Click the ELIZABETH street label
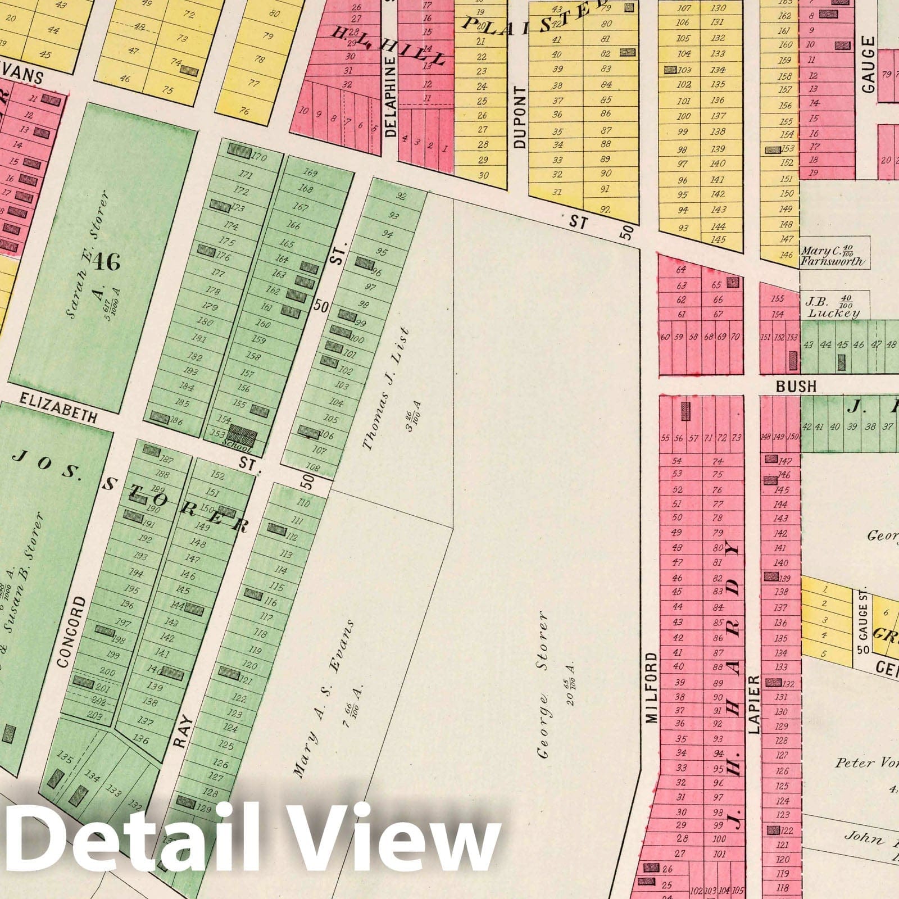coord(58,407)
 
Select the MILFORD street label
coord(651,687)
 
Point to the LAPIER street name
coord(754,704)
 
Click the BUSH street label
coord(796,386)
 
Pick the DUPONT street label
coord(520,117)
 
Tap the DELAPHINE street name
coord(391,99)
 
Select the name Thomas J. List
coord(385,389)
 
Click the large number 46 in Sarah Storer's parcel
coord(106,261)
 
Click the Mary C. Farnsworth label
coord(833,256)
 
